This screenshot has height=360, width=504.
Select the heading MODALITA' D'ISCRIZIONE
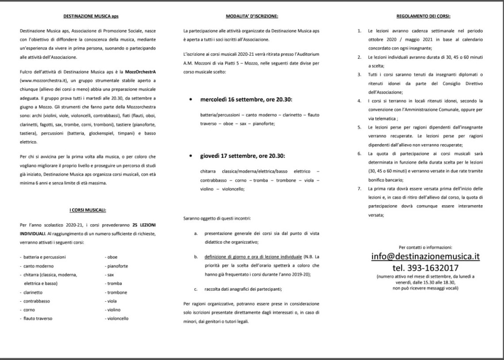point(252,16)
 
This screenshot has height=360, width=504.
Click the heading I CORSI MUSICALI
point(88,210)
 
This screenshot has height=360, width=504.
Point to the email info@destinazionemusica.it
point(425,257)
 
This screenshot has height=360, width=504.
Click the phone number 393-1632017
point(425,268)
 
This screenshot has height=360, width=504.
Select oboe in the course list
point(112,257)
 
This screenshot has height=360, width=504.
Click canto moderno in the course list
point(38,266)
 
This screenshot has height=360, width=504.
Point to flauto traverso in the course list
point(38,318)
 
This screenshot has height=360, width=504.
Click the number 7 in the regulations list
point(360,189)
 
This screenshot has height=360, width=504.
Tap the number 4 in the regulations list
point(360,101)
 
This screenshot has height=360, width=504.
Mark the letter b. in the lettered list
point(195,257)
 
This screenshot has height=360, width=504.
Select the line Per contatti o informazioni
point(425,247)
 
